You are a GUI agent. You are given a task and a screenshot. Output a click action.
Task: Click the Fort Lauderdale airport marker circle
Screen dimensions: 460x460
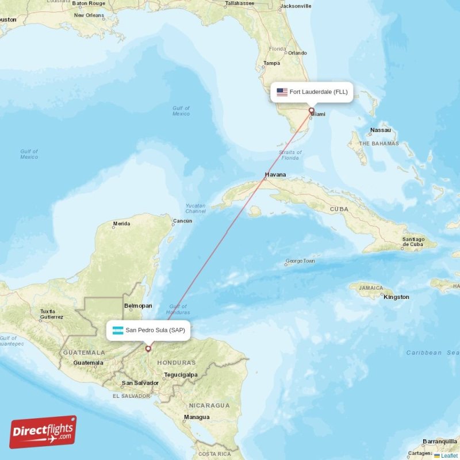tap(311, 110)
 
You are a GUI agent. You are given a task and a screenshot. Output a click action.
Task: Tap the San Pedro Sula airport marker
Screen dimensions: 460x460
tap(148, 348)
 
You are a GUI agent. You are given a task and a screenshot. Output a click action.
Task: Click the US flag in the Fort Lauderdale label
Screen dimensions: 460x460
tap(282, 92)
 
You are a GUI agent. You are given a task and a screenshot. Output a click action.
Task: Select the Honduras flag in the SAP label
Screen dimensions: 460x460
tap(118, 330)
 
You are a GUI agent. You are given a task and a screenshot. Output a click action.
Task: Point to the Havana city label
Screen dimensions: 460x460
tap(275, 174)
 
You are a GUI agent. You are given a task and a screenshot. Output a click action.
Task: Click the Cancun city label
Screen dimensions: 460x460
tap(182, 221)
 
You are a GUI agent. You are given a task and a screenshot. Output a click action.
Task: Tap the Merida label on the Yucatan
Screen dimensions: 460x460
tap(121, 223)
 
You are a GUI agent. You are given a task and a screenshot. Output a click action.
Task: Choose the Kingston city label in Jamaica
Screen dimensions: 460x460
tap(397, 297)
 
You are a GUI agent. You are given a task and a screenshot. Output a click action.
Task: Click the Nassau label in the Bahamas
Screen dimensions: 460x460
tap(380, 130)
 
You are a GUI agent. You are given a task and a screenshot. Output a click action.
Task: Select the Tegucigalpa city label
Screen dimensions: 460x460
tap(181, 374)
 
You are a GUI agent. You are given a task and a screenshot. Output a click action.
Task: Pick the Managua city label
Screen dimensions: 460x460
tap(197, 417)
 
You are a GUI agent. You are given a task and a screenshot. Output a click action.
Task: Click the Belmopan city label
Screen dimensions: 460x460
tap(138, 306)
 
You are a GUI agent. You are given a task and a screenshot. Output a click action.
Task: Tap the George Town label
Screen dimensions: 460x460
tap(300, 261)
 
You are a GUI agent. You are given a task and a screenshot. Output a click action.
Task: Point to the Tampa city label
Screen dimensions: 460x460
tap(271, 63)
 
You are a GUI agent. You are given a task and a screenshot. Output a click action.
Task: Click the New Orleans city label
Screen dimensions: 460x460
tap(89, 15)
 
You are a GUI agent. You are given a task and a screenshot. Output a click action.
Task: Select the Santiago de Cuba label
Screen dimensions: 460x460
tap(413, 241)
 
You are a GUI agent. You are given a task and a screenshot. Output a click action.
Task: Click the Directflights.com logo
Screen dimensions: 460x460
tap(43, 432)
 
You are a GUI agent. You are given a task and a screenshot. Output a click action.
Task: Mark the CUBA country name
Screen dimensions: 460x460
tap(339, 209)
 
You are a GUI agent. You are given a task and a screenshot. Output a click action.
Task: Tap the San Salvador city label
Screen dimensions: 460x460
tap(140, 383)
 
